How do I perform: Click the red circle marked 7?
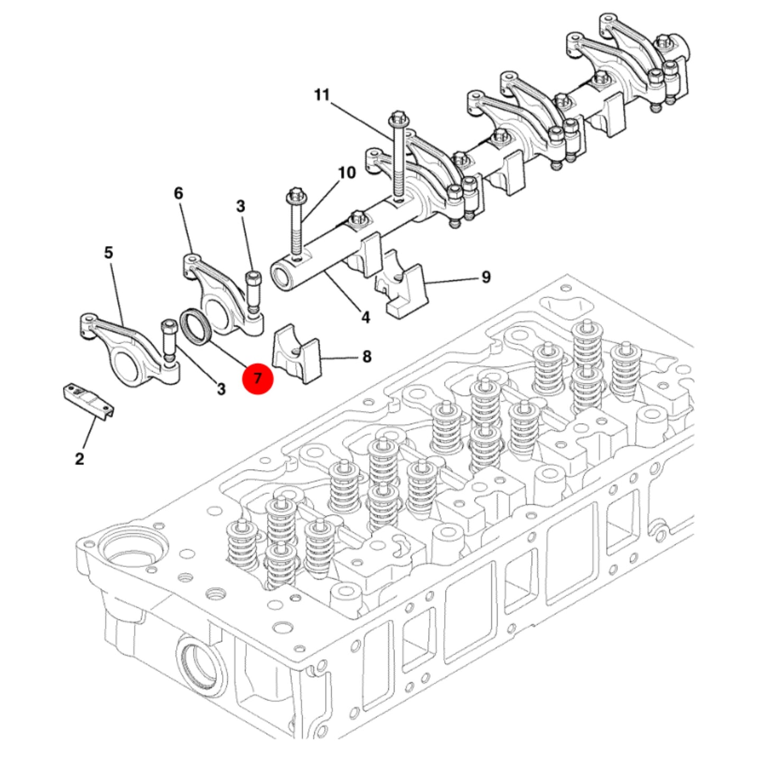(x=257, y=379)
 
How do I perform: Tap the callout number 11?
(x=322, y=95)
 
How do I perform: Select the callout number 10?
(x=347, y=173)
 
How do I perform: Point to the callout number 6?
(x=178, y=194)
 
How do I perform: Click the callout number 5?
(x=108, y=253)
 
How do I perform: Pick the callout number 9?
(x=486, y=277)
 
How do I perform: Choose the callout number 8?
(x=367, y=357)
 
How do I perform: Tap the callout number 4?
(x=365, y=317)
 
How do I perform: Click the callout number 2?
(x=79, y=459)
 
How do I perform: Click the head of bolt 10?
(x=294, y=196)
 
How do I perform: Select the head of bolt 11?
(x=398, y=118)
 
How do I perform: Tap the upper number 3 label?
(x=241, y=207)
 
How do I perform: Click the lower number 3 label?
(x=221, y=389)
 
